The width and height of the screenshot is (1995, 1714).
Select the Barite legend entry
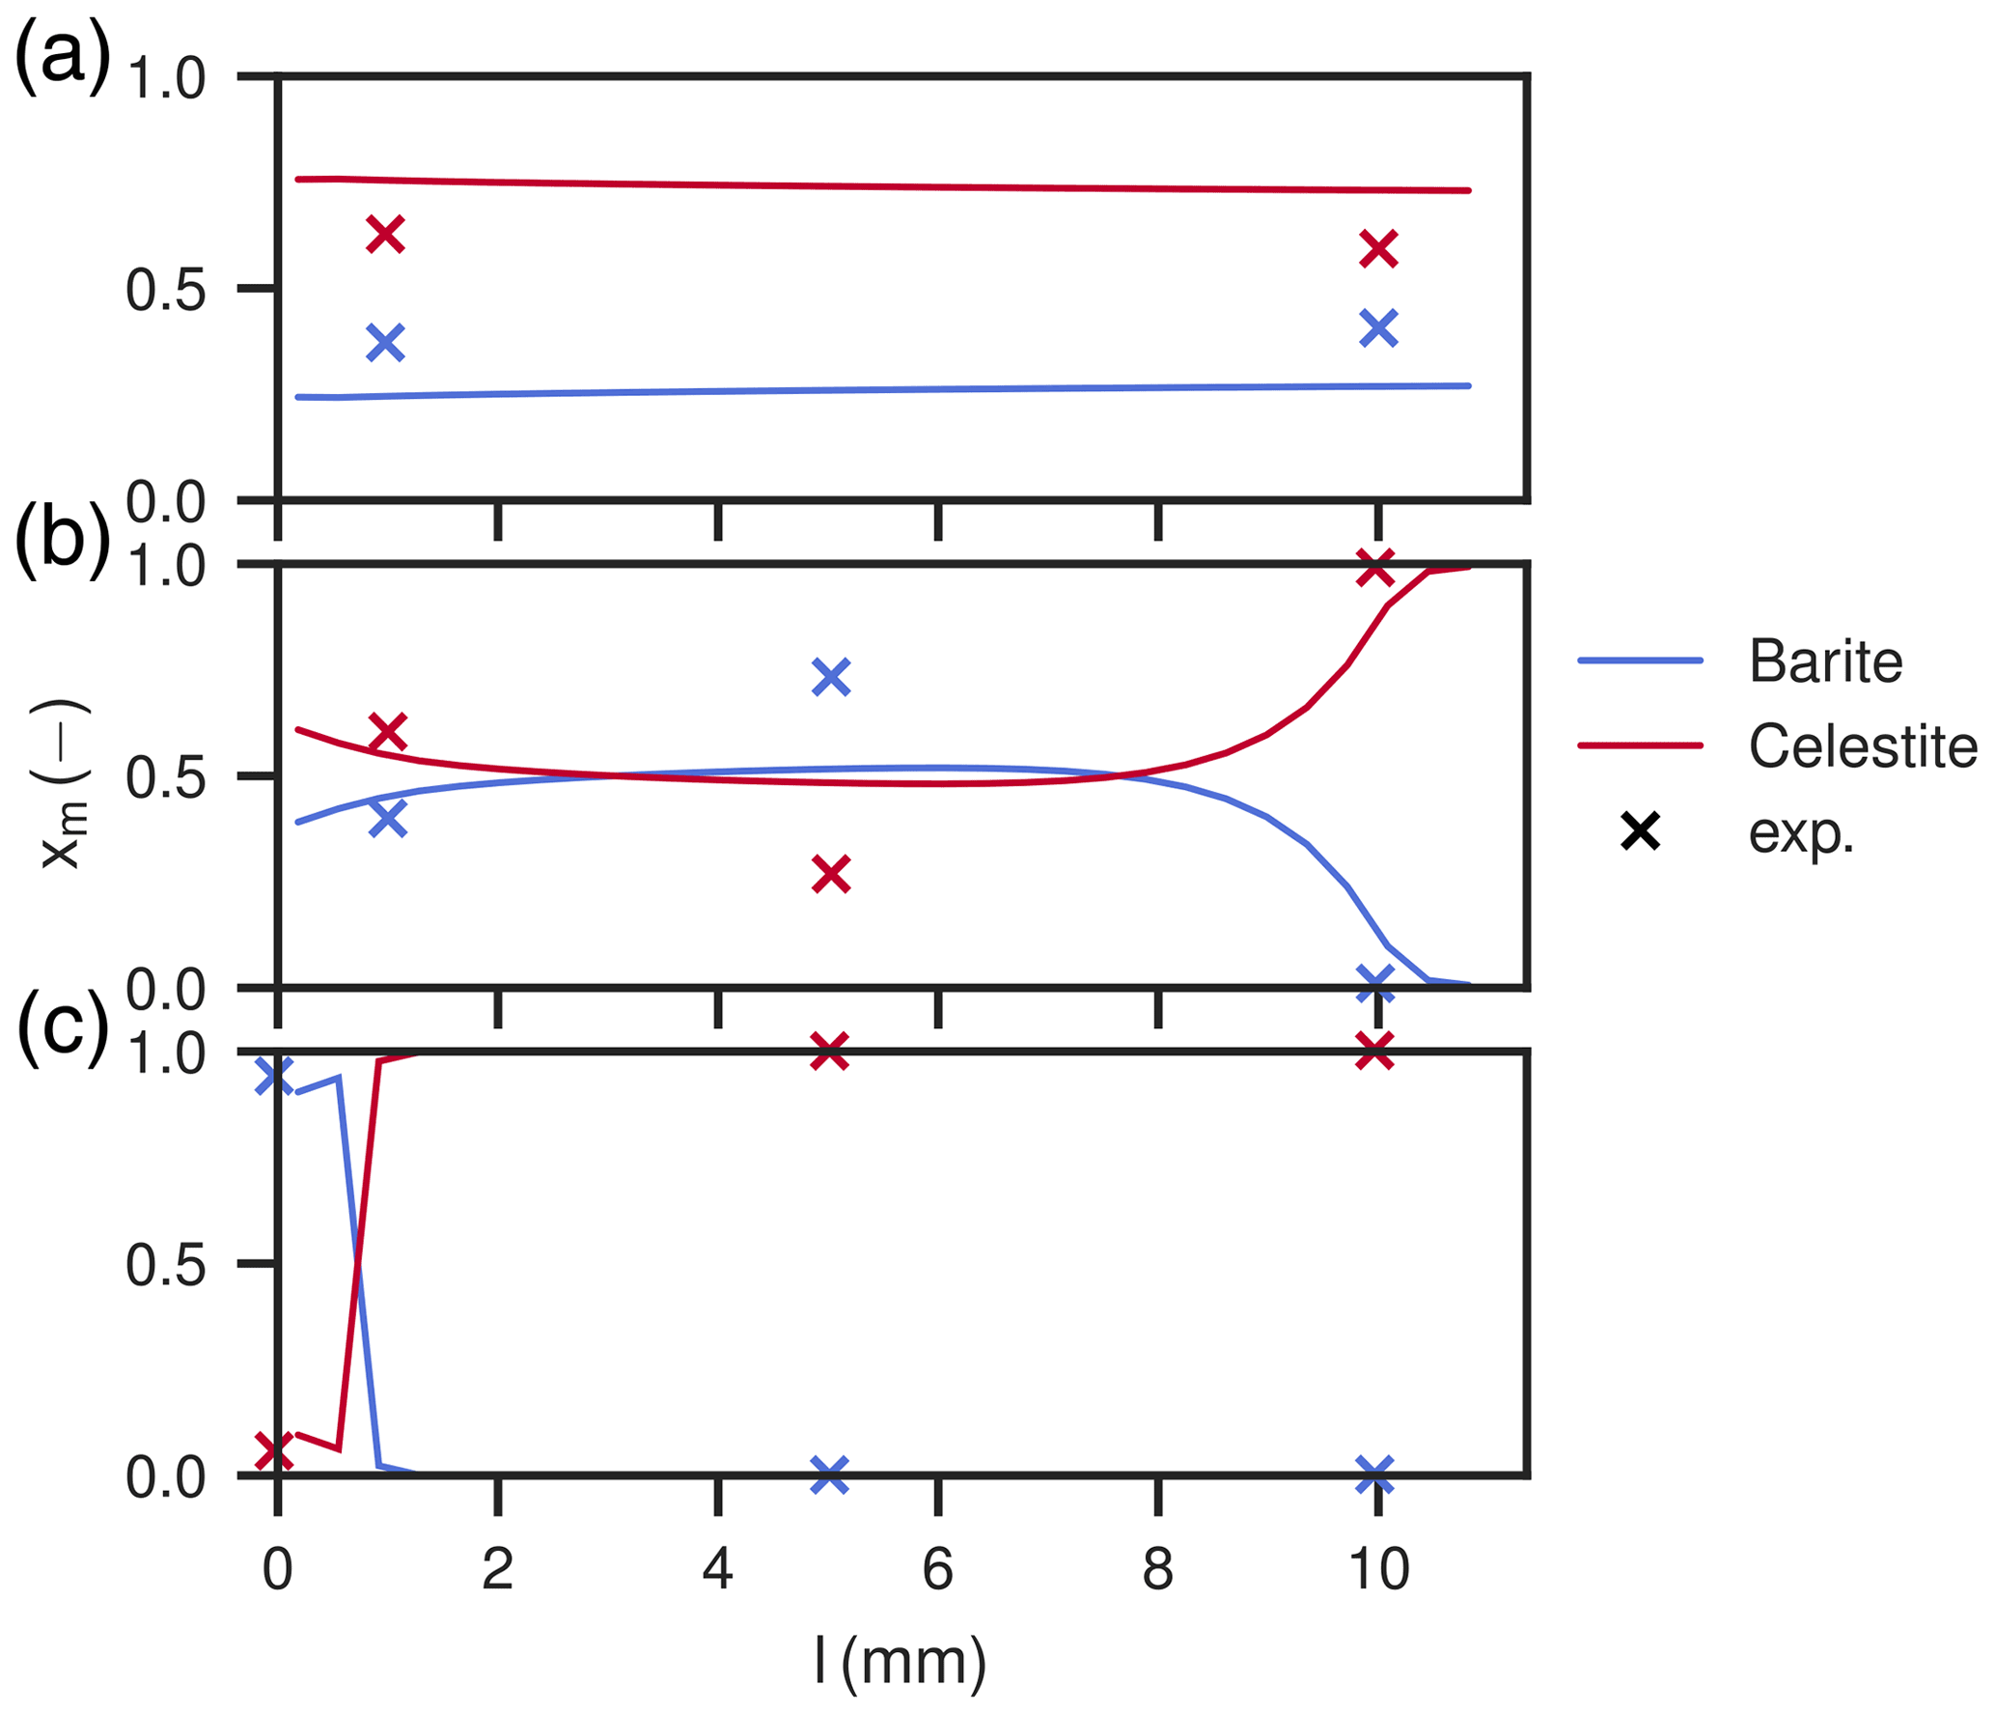point(1824,661)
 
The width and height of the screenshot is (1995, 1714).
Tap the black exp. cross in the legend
point(1640,831)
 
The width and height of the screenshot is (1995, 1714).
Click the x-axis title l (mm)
point(900,1661)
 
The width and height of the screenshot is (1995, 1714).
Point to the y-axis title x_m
point(64,783)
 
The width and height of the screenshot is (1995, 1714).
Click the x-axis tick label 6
point(937,1569)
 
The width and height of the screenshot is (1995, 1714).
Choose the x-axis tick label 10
point(1378,1569)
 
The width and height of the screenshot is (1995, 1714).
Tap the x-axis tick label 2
point(497,1569)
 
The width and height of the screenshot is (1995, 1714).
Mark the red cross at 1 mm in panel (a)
point(385,234)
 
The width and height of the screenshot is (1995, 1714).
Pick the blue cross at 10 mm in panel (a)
point(1378,327)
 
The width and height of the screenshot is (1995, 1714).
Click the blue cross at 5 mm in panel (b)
point(831,677)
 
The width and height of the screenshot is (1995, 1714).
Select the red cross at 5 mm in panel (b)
point(831,875)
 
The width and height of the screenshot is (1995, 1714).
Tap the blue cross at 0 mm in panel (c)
point(275,1076)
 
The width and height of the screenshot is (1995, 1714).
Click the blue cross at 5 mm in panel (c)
point(829,1475)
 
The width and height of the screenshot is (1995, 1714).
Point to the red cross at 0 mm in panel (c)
point(275,1451)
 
